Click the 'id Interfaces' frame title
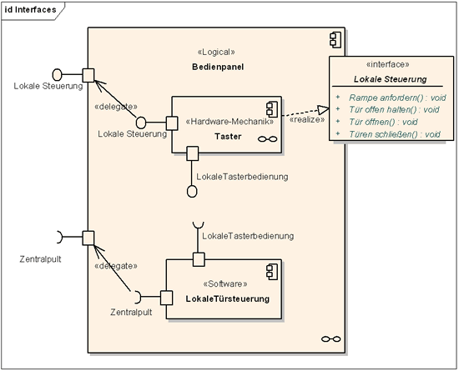click(30, 10)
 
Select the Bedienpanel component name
click(218, 67)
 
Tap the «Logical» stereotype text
click(216, 53)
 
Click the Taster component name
click(228, 137)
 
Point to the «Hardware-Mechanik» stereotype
click(229, 122)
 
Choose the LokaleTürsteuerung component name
click(228, 298)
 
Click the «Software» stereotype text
click(225, 284)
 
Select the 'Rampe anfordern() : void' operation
click(397, 98)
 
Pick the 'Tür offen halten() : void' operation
click(394, 110)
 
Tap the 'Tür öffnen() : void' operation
click(383, 122)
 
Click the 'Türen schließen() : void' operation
click(395, 134)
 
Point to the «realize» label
click(307, 119)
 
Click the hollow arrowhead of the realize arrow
click(324, 110)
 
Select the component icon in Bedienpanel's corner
click(335, 40)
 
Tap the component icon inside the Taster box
click(272, 109)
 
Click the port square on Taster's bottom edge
click(193, 153)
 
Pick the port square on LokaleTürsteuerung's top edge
click(199, 259)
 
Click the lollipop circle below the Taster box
click(192, 192)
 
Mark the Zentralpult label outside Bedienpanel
click(40, 259)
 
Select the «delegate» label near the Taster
click(116, 107)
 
